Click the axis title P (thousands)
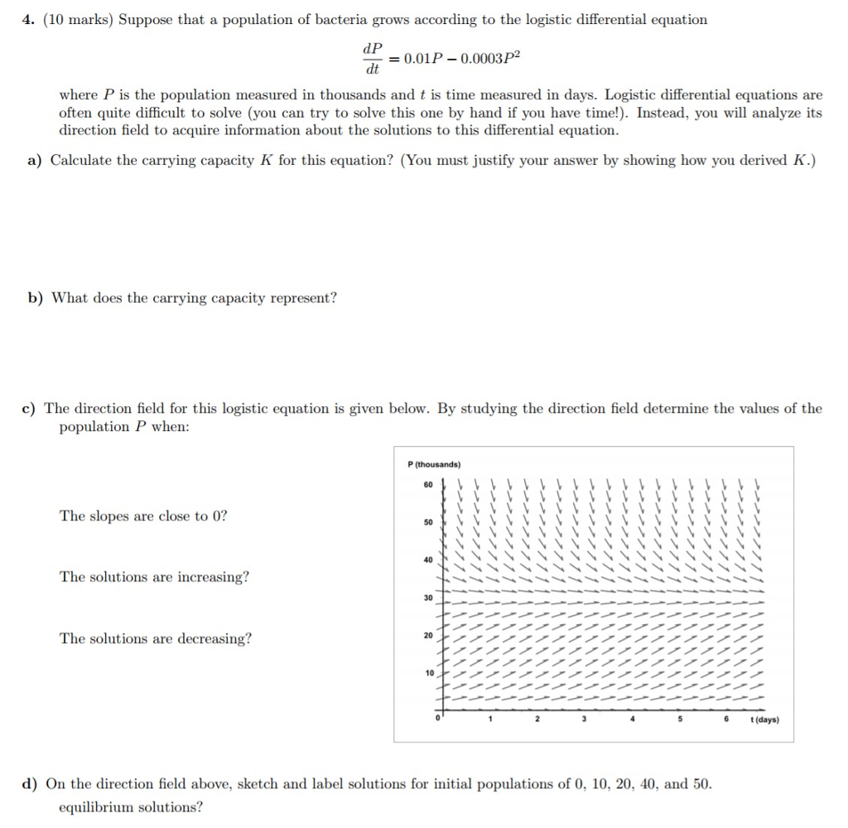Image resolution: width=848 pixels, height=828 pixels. (x=435, y=464)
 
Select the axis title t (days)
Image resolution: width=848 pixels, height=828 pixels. (x=763, y=719)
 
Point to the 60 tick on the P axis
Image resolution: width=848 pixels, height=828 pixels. (x=428, y=485)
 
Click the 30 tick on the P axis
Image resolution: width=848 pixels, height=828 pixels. (x=428, y=598)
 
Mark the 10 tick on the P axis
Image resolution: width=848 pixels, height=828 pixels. (x=428, y=673)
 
